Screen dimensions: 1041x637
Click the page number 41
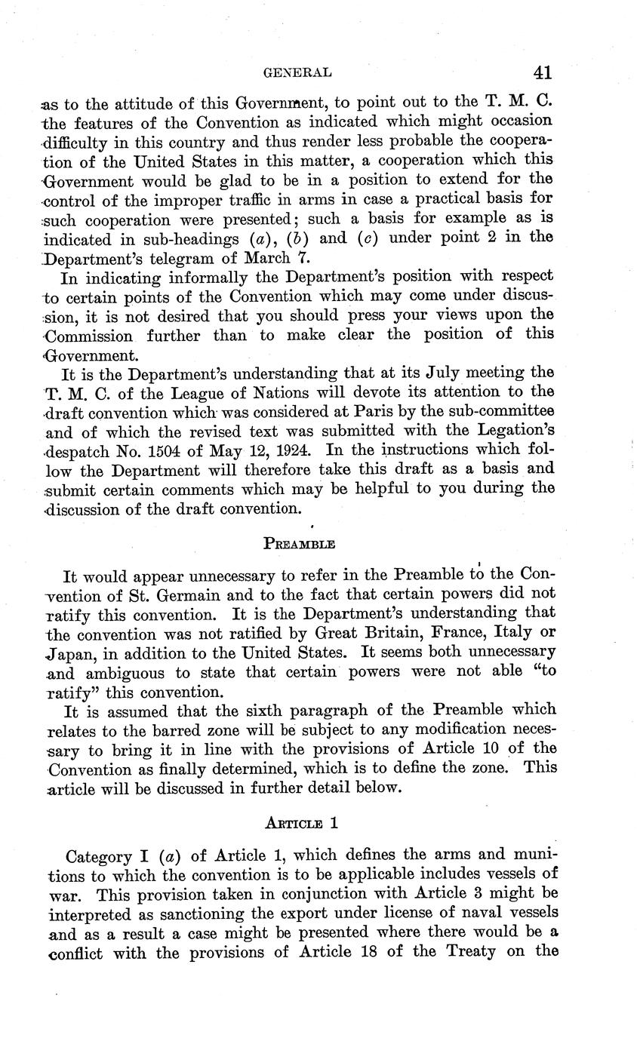point(542,72)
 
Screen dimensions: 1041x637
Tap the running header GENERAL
point(300,73)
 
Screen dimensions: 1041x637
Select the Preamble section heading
point(299,543)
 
